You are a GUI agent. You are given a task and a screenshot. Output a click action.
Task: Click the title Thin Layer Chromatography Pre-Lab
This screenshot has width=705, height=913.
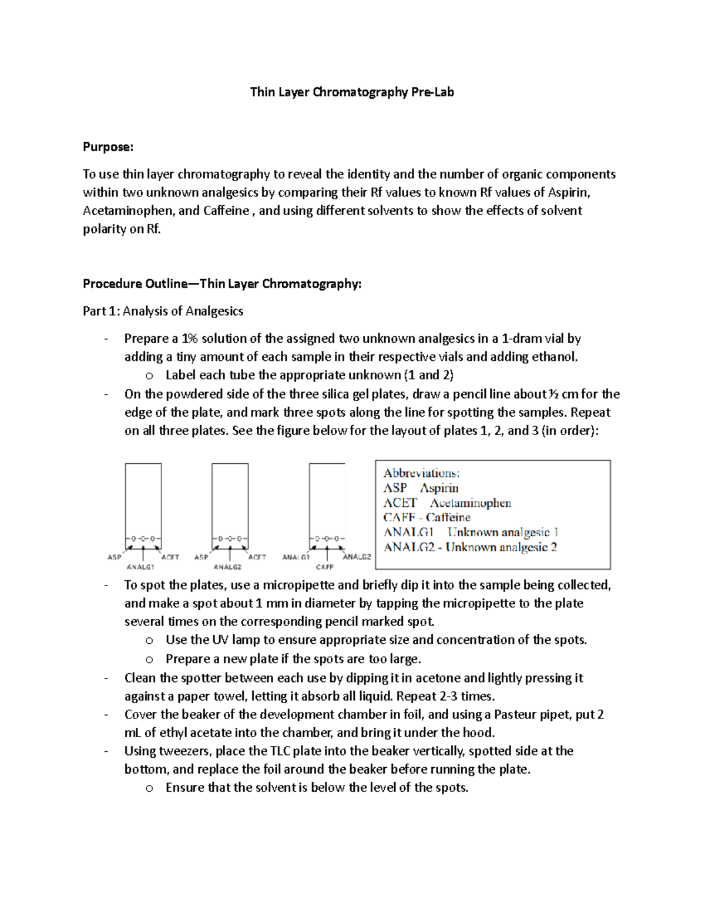(x=352, y=92)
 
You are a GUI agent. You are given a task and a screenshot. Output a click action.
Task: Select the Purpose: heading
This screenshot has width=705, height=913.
(x=108, y=147)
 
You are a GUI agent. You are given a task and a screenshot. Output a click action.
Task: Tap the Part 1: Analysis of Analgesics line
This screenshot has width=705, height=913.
(x=163, y=311)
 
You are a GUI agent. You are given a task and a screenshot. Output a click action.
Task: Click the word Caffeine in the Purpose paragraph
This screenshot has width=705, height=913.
(x=226, y=211)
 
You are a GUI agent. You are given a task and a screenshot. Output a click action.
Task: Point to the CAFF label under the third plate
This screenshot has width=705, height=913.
(x=324, y=567)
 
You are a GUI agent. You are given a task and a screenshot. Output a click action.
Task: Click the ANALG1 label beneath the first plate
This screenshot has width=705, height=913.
(x=140, y=567)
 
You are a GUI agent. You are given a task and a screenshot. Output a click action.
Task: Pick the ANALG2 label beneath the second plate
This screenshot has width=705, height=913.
(x=227, y=567)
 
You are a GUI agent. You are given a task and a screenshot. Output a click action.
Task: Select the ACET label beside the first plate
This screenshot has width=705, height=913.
(x=170, y=557)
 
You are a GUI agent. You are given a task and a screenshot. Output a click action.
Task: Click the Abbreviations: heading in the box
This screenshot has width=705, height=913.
(x=421, y=473)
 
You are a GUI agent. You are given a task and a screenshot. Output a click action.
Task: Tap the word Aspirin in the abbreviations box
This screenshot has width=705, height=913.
(x=439, y=488)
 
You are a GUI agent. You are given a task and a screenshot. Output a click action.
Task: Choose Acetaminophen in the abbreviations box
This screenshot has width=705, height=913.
(x=470, y=503)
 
